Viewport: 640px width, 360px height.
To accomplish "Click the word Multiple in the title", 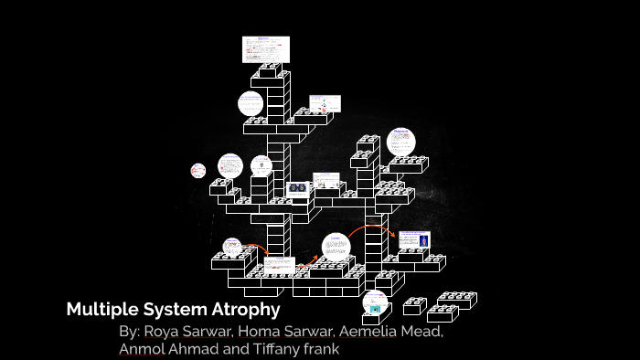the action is [99, 310].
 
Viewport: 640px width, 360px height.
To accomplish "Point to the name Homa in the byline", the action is [260, 332].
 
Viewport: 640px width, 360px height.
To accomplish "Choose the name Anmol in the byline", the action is [142, 349].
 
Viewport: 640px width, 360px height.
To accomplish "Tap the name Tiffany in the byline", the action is [278, 349].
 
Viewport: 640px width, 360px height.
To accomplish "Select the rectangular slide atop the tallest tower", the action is [265, 49].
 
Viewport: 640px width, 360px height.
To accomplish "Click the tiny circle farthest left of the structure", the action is [198, 170].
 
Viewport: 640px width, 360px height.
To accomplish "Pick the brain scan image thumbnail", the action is [298, 189].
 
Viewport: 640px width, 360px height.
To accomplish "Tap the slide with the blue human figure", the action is [413, 239].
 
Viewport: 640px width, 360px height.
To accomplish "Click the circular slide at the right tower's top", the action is [400, 142].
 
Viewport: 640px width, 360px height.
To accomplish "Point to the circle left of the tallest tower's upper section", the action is [251, 103].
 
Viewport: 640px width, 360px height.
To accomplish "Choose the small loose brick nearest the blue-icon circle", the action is [414, 306].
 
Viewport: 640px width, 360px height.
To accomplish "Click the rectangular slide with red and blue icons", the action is [324, 103].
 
